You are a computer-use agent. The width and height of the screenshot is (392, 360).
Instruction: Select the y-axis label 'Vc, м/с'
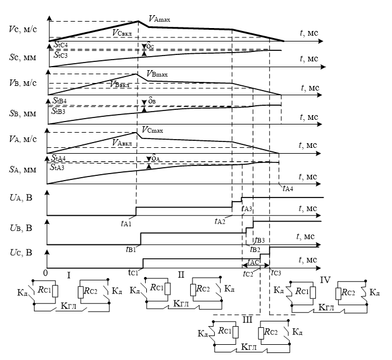[x=19, y=28]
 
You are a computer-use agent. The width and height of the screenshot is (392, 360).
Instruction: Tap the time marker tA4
[x=287, y=188]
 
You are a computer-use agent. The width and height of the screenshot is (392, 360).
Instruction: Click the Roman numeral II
[x=181, y=275]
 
